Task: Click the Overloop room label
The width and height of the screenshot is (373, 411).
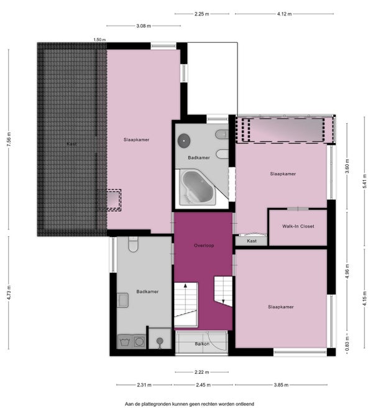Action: click(x=204, y=246)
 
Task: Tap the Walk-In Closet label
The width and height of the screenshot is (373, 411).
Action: click(x=298, y=226)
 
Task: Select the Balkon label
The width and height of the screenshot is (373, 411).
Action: click(x=202, y=344)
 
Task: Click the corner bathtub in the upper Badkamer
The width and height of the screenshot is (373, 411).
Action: click(x=197, y=187)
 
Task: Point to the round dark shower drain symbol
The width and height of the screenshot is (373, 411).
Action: click(x=184, y=141)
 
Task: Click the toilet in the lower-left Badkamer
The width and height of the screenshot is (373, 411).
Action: click(x=133, y=244)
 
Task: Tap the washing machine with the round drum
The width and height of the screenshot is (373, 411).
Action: click(x=139, y=342)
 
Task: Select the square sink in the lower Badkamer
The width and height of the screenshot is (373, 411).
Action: click(x=122, y=300)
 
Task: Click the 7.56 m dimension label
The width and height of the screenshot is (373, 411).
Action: click(x=9, y=139)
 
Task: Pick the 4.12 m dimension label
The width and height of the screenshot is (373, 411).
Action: click(x=284, y=14)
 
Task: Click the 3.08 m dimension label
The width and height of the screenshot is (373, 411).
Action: click(x=144, y=26)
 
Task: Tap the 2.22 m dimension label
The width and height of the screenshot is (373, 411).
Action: click(x=202, y=372)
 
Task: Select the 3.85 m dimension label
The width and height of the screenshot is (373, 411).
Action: click(x=281, y=385)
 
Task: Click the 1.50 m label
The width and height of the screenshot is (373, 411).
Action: click(x=99, y=40)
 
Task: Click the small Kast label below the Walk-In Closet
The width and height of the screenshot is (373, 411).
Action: click(x=252, y=241)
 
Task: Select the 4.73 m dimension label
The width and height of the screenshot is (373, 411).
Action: click(x=9, y=292)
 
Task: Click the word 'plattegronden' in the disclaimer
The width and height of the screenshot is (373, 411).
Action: click(x=157, y=404)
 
